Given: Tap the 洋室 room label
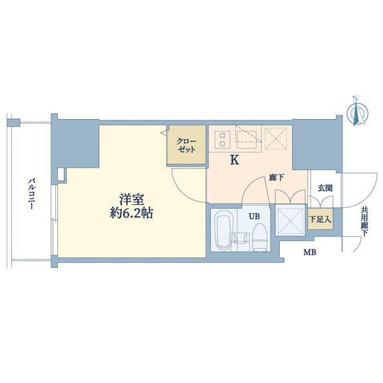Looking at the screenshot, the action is [x=131, y=199].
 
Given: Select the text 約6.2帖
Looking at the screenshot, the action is [x=132, y=213].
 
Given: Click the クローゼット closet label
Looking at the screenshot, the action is [x=186, y=146].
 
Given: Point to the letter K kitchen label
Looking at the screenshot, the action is [x=235, y=160].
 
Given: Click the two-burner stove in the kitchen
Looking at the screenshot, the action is [x=223, y=140].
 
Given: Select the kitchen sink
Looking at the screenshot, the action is [x=247, y=140].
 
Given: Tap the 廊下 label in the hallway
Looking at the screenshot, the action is [x=277, y=178].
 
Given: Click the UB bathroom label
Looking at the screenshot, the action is [x=254, y=216].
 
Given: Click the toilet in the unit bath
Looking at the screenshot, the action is [x=260, y=237].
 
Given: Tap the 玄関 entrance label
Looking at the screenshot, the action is [x=325, y=188].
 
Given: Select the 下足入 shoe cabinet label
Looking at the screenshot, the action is [x=320, y=219].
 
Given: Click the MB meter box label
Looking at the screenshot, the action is [x=310, y=252].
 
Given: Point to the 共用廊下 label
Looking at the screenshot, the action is [x=364, y=222].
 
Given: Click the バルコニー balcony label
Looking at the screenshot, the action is [x=31, y=194].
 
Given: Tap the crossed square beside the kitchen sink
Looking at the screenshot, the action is [x=275, y=138].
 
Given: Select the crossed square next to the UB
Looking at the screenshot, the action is [x=290, y=220].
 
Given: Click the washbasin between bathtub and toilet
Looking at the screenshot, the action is [x=240, y=237].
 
